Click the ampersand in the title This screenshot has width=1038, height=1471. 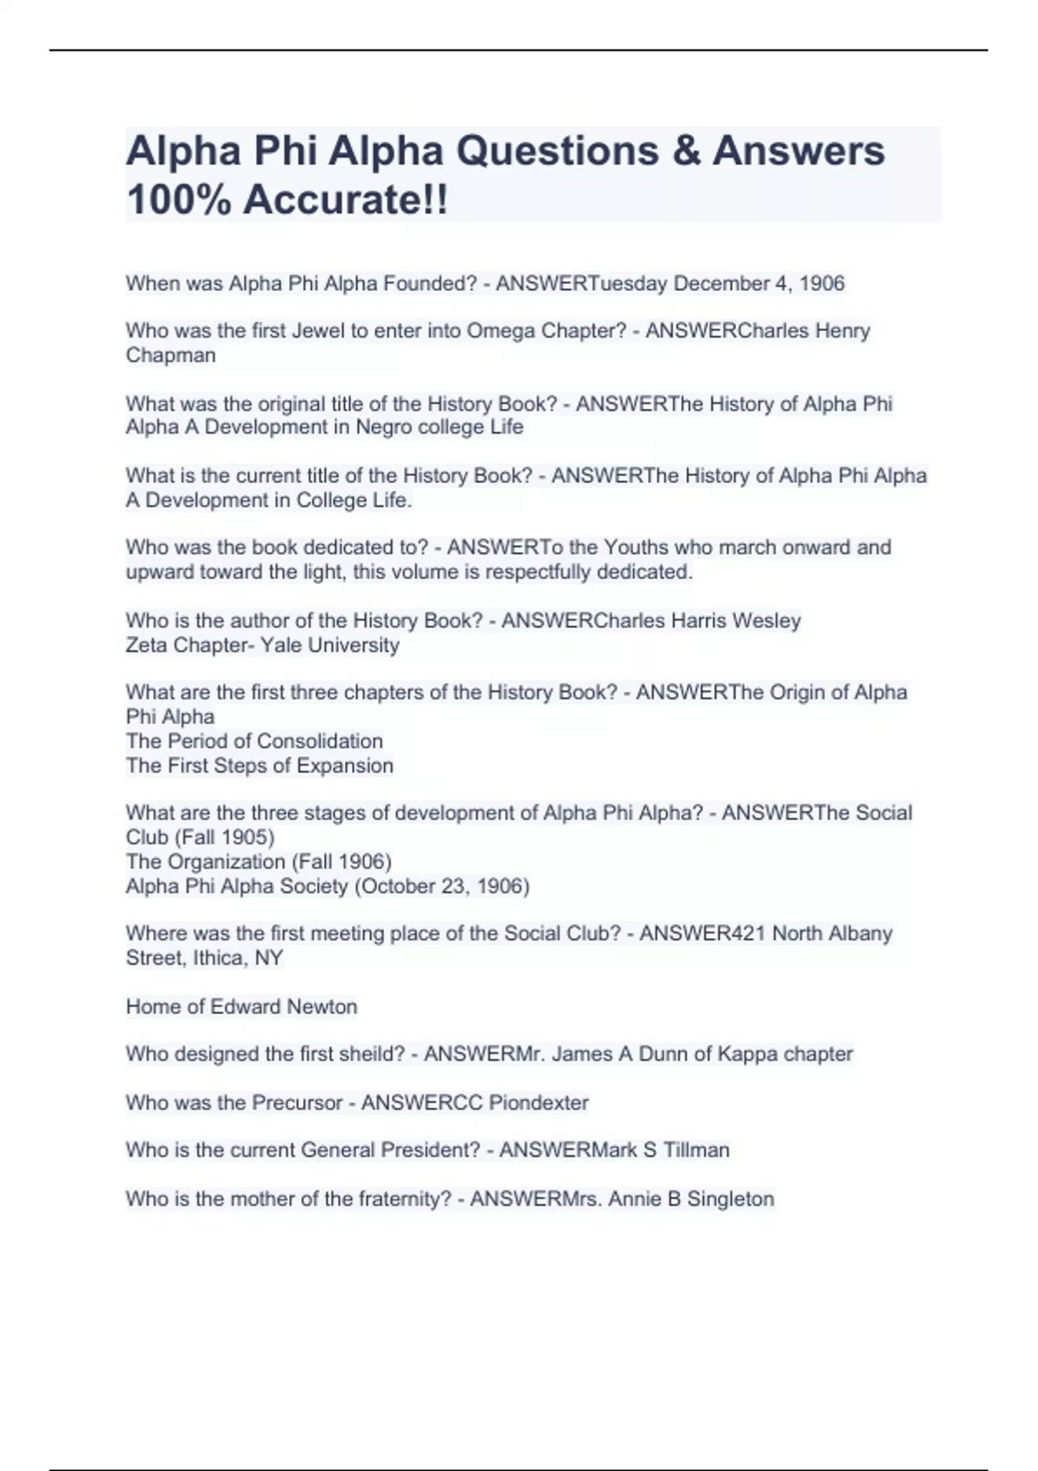point(684,151)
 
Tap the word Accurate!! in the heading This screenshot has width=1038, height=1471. point(346,201)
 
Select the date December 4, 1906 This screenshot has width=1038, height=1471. point(759,284)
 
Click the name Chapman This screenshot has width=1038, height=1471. point(170,356)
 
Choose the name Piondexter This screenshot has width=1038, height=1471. point(538,1103)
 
